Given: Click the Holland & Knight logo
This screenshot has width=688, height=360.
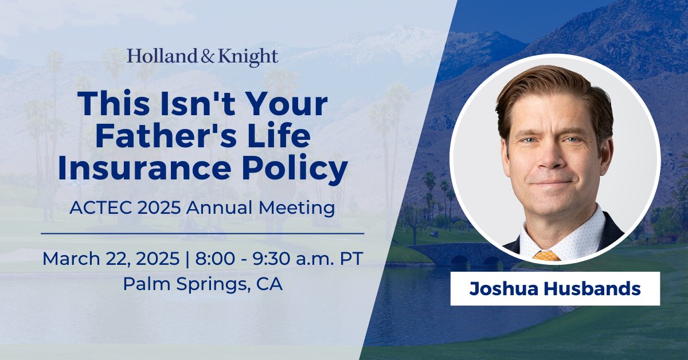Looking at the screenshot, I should click(202, 57).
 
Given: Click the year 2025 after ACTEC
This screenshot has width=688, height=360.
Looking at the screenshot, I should click(151, 208).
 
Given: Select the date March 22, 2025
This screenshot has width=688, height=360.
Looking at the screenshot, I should click(109, 259).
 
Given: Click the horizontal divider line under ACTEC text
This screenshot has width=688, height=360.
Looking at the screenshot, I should click(202, 233).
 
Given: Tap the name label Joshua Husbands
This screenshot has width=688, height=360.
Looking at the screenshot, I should click(554, 289).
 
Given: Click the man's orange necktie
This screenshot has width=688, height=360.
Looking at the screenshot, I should click(546, 255).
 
